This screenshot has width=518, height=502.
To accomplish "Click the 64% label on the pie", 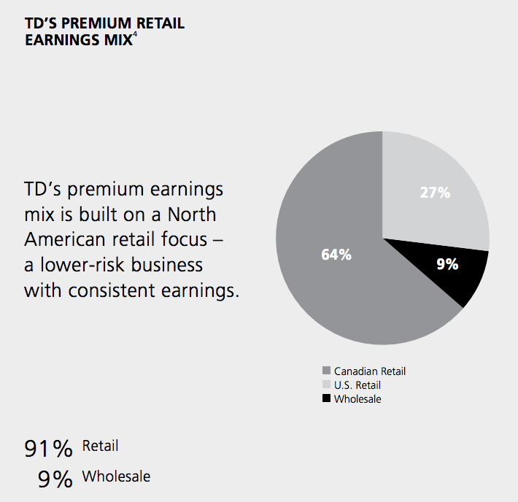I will click(x=336, y=255).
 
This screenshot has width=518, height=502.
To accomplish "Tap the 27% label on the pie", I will click(x=436, y=193).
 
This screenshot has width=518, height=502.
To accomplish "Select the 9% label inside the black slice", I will click(x=447, y=264).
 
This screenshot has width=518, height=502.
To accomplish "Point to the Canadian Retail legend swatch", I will click(x=326, y=371).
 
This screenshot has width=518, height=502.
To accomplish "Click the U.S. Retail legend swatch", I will click(x=326, y=385).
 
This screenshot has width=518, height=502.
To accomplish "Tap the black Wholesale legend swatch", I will click(x=326, y=399).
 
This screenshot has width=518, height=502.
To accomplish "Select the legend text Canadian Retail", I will click(x=370, y=371).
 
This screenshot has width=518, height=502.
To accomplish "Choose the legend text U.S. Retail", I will click(x=357, y=385).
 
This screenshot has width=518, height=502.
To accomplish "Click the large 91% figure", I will click(x=48, y=449).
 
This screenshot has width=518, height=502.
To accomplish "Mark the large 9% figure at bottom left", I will click(x=55, y=479).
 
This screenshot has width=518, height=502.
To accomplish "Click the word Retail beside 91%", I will click(x=100, y=446).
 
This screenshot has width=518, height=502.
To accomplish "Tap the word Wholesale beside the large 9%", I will click(x=116, y=476).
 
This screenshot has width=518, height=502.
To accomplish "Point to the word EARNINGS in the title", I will click(x=61, y=39).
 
